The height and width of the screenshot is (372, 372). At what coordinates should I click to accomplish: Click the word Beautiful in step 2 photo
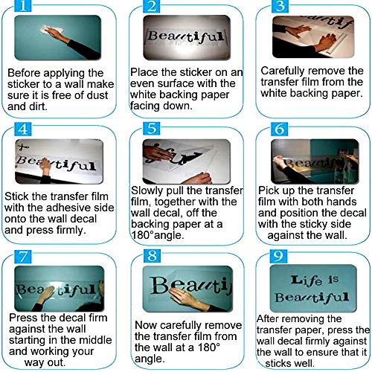pyautogui.click(x=184, y=36)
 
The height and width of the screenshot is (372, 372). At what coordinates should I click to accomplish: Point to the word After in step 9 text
pyautogui.click(x=269, y=318)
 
